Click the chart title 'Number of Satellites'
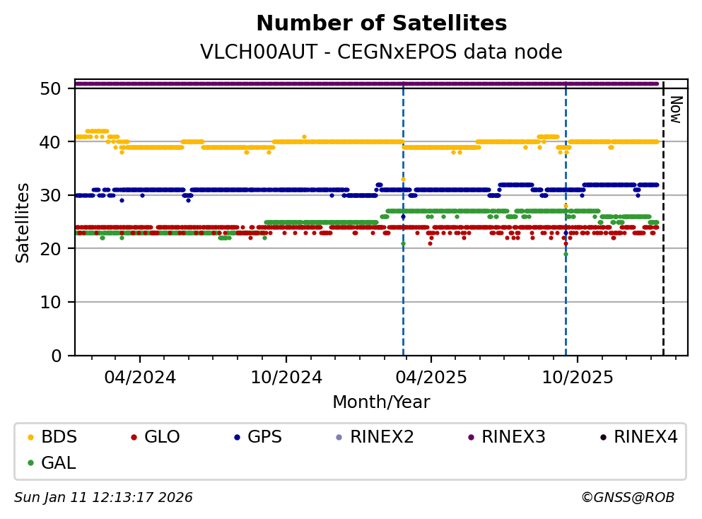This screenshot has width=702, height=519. click(x=381, y=24)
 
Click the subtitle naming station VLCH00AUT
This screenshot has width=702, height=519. click(x=381, y=52)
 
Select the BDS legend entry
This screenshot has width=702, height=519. click(x=59, y=437)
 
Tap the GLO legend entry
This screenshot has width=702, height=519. click(x=161, y=437)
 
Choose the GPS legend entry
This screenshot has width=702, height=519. click(x=264, y=437)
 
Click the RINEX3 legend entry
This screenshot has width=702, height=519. click(x=513, y=437)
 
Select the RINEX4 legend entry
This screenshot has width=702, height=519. click(x=645, y=437)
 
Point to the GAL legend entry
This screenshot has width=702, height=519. click(x=58, y=463)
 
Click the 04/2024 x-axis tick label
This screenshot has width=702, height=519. click(x=139, y=378)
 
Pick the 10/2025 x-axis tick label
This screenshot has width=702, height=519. click(x=576, y=378)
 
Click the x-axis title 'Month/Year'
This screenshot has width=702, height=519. click(x=381, y=402)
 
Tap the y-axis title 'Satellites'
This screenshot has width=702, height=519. click(x=23, y=222)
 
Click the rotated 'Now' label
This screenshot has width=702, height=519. click(x=675, y=109)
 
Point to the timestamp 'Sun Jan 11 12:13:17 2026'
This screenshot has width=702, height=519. click(x=103, y=498)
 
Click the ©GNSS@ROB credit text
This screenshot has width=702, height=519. click(x=627, y=498)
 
